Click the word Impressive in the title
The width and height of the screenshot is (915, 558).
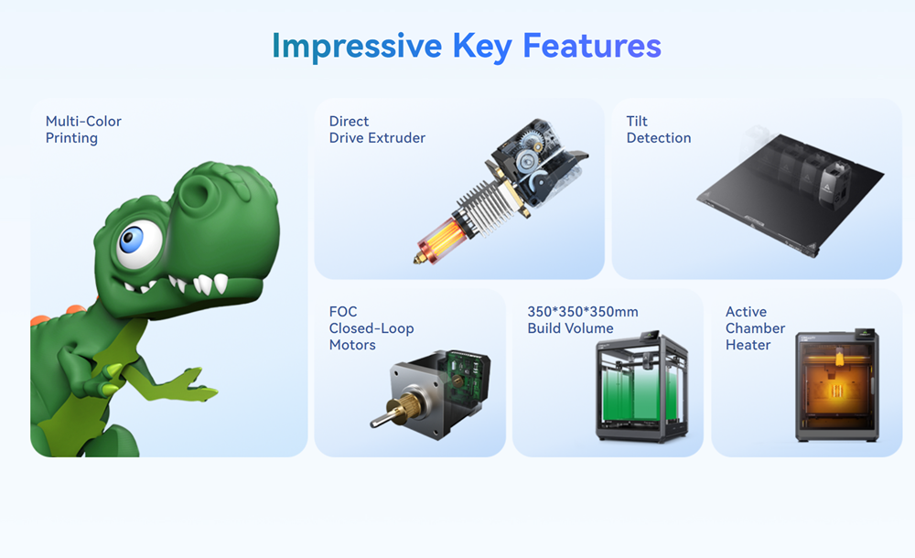(357, 46)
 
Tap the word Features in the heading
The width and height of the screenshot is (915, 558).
(592, 46)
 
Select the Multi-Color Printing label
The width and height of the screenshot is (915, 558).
(83, 130)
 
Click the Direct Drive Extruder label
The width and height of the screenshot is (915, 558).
(377, 130)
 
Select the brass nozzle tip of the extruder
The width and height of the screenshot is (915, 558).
(419, 258)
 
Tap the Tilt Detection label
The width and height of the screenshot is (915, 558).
(658, 130)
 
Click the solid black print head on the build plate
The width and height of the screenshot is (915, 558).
(835, 185)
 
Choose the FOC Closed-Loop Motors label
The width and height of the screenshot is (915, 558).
(371, 328)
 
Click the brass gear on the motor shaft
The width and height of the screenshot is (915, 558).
(407, 409)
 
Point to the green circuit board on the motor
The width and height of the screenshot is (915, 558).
(467, 380)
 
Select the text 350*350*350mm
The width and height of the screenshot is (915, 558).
(582, 312)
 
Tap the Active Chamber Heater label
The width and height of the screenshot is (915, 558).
(755, 328)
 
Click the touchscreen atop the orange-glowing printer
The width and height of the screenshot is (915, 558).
(866, 333)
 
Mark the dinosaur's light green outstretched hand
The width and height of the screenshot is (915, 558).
(192, 386)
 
